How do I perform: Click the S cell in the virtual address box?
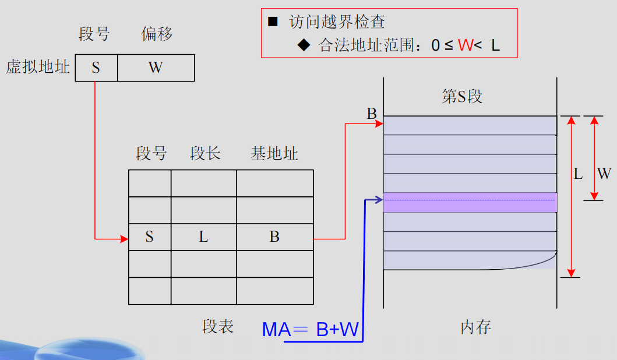[96, 68]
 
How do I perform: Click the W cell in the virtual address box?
[156, 68]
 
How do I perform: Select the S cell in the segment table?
[150, 237]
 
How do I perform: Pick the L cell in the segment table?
[203, 237]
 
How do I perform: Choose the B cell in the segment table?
[274, 237]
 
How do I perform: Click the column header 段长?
[205, 154]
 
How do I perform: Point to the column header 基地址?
[274, 154]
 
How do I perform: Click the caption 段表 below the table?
[218, 327]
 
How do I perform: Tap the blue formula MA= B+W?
[310, 330]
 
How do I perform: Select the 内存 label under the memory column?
[475, 327]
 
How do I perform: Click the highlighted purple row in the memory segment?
[470, 202]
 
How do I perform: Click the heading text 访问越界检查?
[337, 22]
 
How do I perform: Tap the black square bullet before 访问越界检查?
[273, 22]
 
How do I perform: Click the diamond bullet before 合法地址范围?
[303, 44]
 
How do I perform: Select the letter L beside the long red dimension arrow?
[578, 174]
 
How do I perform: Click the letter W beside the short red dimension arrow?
[604, 174]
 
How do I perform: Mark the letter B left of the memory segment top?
[372, 114]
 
